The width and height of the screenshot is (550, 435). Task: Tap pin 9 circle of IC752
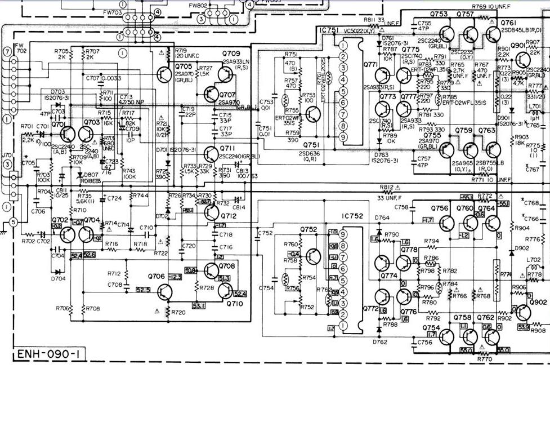click(343, 234)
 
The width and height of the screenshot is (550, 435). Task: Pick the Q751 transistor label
click(310, 145)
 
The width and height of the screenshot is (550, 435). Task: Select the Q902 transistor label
click(538, 303)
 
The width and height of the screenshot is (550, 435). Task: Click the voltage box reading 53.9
click(523, 327)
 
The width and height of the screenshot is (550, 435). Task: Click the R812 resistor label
click(387, 187)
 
